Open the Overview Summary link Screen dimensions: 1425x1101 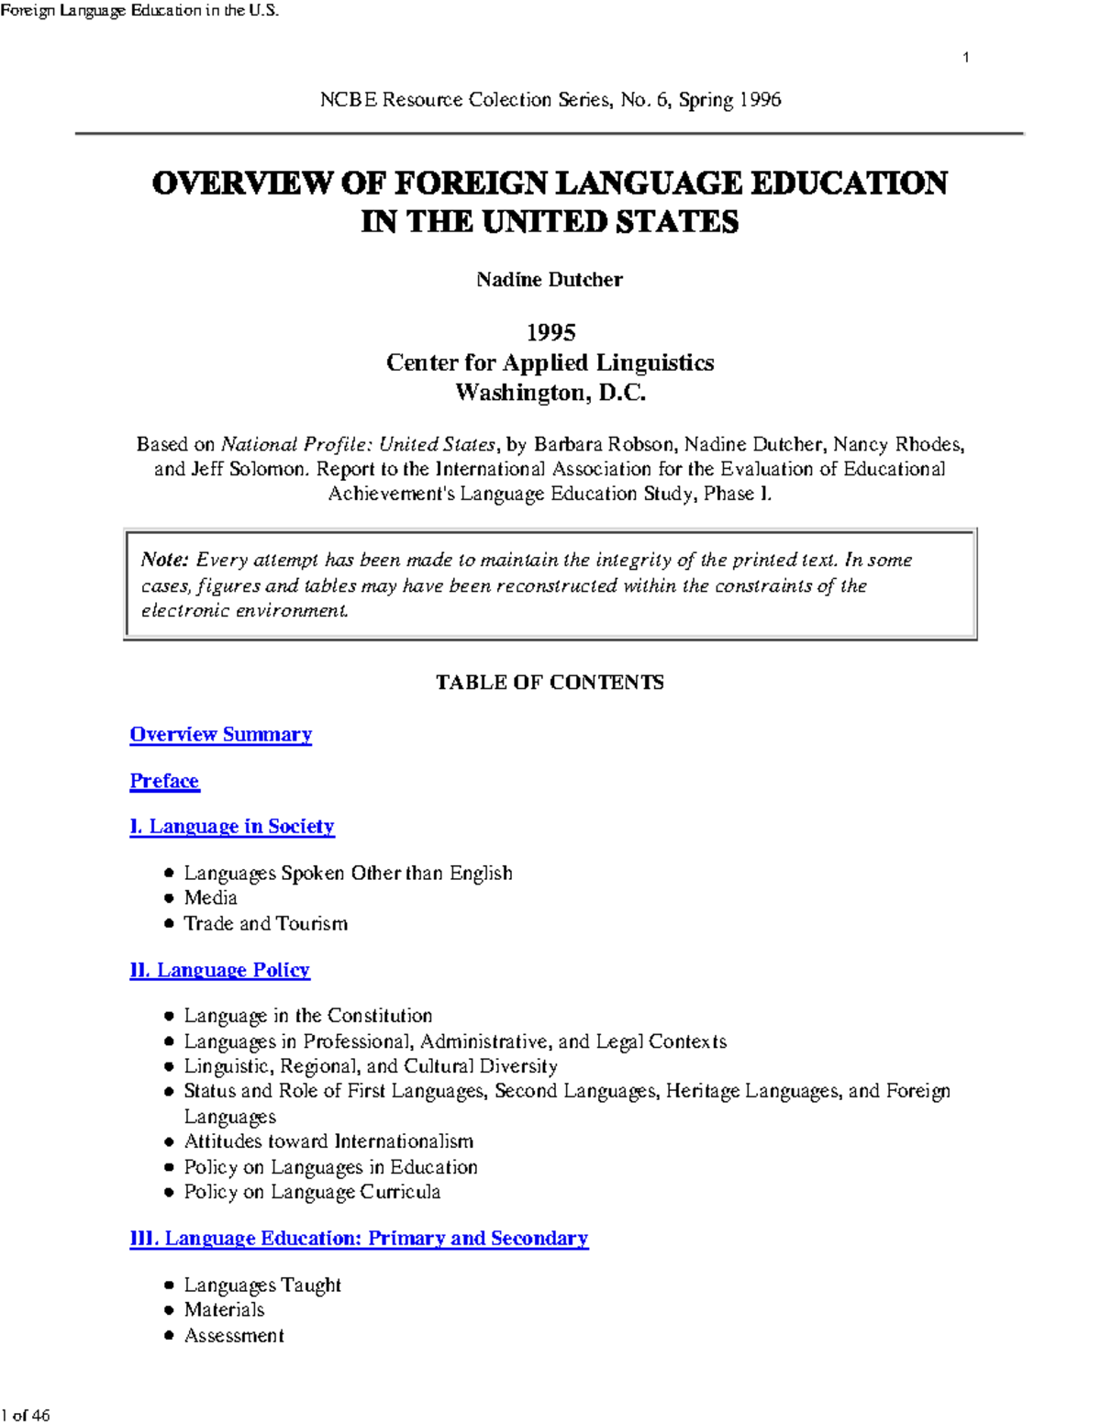click(220, 734)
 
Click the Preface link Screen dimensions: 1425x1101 click(164, 781)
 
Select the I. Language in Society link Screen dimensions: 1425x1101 click(232, 827)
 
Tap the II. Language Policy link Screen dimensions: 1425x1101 click(219, 970)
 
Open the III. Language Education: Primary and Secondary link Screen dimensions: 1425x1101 click(359, 1239)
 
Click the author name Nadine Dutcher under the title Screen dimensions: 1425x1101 click(549, 280)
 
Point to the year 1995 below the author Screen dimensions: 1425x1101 click(550, 332)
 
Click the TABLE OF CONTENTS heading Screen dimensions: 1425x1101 click(550, 683)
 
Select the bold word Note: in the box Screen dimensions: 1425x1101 click(164, 560)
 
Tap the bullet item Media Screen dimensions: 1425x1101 click(210, 898)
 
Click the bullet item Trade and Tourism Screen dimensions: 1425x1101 click(265, 923)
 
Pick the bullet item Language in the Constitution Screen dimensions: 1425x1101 click(307, 1016)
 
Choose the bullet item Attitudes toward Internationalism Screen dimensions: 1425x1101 click(328, 1141)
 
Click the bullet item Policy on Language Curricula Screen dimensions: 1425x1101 click(312, 1192)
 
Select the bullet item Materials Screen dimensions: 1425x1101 click(224, 1310)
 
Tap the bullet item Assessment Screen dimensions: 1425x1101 click(234, 1336)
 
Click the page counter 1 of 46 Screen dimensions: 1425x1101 click(26, 1415)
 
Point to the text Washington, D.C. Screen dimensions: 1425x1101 click(550, 393)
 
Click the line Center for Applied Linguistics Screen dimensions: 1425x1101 click(550, 362)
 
